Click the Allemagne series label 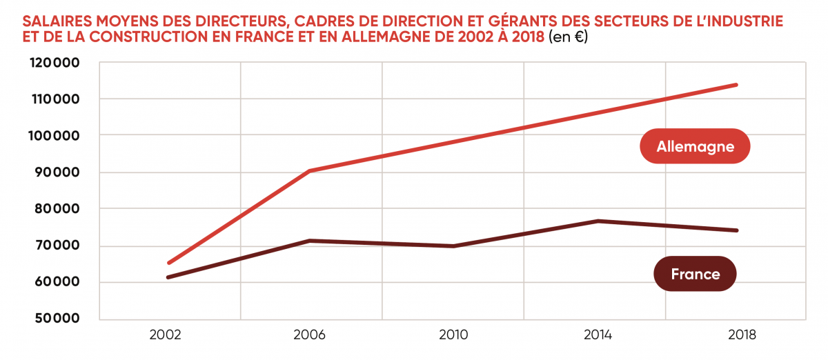click(x=694, y=146)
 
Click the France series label click(x=695, y=274)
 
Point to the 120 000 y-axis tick click(x=55, y=63)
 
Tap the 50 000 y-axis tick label click(x=55, y=319)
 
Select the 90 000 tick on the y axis click(x=55, y=172)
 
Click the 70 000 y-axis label click(x=55, y=246)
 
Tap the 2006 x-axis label click(x=310, y=336)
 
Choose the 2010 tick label click(x=453, y=336)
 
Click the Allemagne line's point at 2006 click(x=310, y=170)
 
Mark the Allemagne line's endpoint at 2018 click(x=737, y=85)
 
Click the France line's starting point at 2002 click(x=168, y=277)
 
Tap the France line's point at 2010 click(x=453, y=246)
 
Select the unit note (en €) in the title click(x=568, y=37)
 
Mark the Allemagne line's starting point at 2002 click(x=168, y=263)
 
